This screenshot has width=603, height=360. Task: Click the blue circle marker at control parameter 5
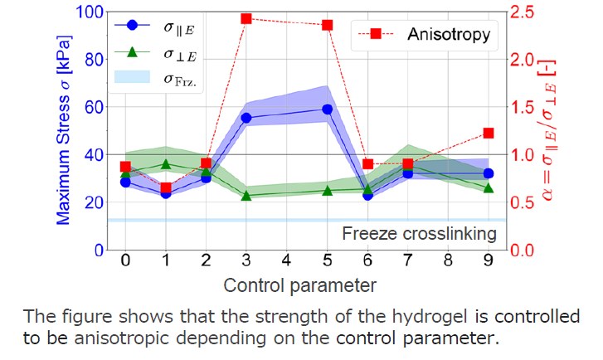pyautogui.click(x=327, y=109)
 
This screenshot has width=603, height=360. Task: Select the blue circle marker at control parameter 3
pyautogui.click(x=246, y=118)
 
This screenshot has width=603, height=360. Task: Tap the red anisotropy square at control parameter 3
pyautogui.click(x=246, y=18)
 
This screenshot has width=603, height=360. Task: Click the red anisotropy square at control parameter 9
pyautogui.click(x=489, y=133)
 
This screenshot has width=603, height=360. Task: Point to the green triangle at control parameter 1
pyautogui.click(x=166, y=164)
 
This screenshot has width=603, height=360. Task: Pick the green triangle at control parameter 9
pyautogui.click(x=489, y=188)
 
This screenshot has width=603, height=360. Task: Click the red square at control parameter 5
pyautogui.click(x=327, y=25)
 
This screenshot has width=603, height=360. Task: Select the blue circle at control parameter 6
pyautogui.click(x=367, y=195)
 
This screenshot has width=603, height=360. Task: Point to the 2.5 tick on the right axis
pyautogui.click(x=523, y=12)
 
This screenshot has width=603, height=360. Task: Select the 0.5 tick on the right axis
pyautogui.click(x=523, y=202)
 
